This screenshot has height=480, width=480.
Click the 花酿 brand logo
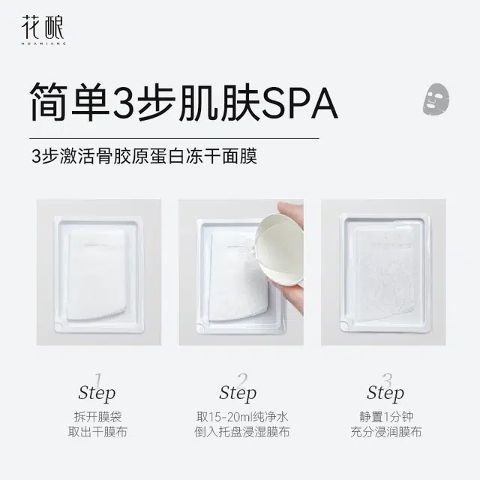(x=43, y=30)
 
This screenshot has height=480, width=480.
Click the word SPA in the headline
(x=300, y=103)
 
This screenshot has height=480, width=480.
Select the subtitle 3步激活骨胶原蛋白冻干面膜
(x=144, y=156)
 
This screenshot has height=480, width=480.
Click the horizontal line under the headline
(x=174, y=138)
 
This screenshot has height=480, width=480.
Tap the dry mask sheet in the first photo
(x=97, y=274)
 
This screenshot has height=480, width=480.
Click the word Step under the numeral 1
(x=97, y=393)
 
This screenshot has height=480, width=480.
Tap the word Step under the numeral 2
(x=238, y=393)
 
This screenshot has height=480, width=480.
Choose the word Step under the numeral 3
(x=385, y=393)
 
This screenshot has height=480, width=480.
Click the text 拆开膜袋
(x=97, y=417)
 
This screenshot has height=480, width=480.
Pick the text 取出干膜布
(x=97, y=432)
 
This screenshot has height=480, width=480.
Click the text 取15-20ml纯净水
(x=242, y=417)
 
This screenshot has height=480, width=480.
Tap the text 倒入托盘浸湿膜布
(x=242, y=432)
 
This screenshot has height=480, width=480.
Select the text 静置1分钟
(x=386, y=417)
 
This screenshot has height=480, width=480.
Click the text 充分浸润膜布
(x=386, y=432)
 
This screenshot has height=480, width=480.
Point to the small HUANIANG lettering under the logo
(x=43, y=43)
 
